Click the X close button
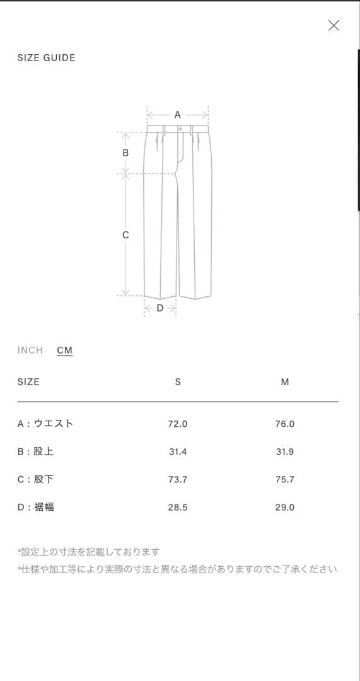click(x=334, y=26)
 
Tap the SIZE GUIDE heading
click(x=47, y=58)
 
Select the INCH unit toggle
click(x=30, y=351)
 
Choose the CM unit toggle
click(x=65, y=351)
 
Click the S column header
click(x=178, y=382)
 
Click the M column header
click(x=285, y=382)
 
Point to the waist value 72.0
click(x=178, y=424)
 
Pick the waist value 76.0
click(x=285, y=424)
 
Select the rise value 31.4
click(x=178, y=451)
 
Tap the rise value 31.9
click(x=285, y=451)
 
